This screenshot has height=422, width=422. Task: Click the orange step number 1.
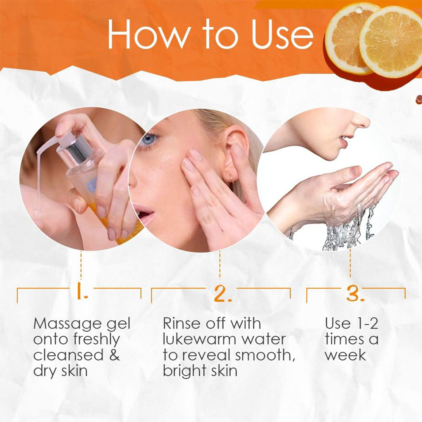coord(82,293)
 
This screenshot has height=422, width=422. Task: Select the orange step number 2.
coord(223,293)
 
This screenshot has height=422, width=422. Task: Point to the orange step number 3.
coord(355,293)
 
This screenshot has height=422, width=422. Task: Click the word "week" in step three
coord(345,355)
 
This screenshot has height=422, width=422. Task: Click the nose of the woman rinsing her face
coord(362,122)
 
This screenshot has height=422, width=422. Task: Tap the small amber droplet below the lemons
coord(418,99)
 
